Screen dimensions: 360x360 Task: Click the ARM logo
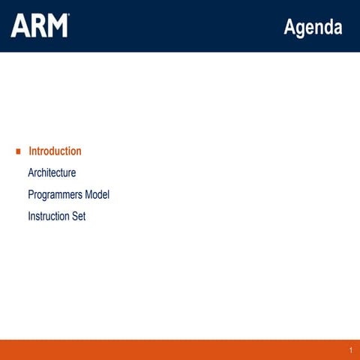point(39,25)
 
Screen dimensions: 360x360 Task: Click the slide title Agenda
point(313,28)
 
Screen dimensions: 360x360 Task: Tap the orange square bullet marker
point(18,151)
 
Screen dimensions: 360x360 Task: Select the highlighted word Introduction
point(55,151)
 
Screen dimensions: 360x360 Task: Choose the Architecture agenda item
point(52,173)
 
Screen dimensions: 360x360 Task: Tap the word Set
point(79,217)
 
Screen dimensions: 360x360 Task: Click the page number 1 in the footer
point(350,351)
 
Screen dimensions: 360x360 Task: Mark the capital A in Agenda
point(289,28)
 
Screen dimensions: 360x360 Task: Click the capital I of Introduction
point(30,151)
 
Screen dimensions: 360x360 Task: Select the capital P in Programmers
point(31,195)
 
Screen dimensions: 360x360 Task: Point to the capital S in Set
point(75,217)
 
